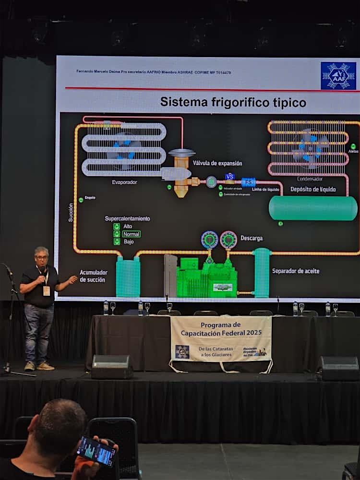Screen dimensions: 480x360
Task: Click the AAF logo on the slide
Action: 338,76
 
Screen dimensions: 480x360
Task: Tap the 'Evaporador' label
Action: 124,182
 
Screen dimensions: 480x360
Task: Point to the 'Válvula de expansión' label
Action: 217,163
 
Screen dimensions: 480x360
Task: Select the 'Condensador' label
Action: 310,179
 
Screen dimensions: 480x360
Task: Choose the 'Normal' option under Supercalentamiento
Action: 131,234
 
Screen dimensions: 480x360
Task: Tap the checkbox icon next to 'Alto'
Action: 117,226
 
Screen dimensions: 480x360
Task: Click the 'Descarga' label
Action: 252,238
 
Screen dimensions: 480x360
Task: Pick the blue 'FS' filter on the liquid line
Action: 248,182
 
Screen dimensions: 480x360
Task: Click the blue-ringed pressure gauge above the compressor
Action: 209,239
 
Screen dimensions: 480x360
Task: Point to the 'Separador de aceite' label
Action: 296,271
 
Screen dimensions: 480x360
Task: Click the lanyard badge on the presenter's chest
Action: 47,290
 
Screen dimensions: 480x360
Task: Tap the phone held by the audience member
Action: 96,451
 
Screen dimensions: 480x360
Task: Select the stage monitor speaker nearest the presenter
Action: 112,367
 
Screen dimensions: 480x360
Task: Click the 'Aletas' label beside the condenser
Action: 353,151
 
